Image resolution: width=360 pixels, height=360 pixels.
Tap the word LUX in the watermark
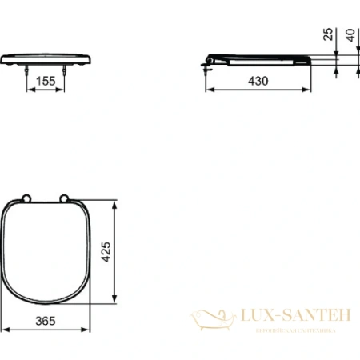pyautogui.click(x=254, y=316)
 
